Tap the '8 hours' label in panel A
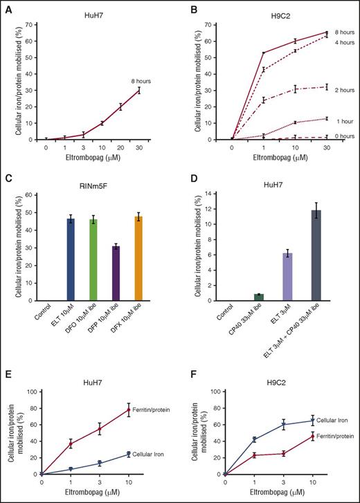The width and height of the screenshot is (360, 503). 141,81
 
